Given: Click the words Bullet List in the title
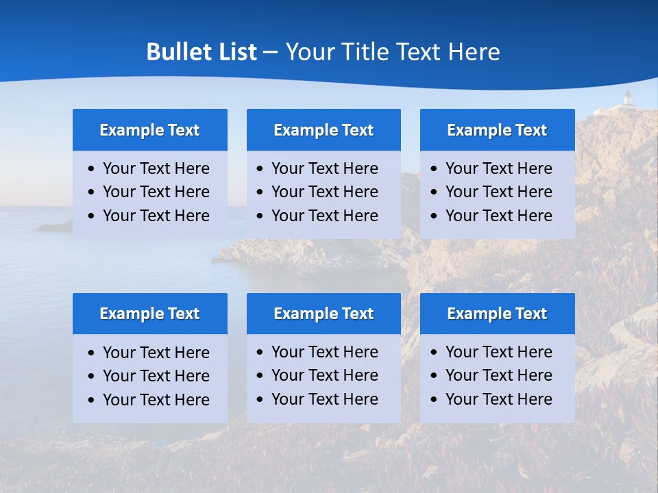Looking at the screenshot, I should (202, 52).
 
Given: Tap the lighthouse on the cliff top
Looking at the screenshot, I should (626, 100).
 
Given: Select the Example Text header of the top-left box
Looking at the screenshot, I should (149, 130).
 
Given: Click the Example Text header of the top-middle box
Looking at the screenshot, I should (324, 130).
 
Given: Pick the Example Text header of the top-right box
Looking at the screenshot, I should (497, 130).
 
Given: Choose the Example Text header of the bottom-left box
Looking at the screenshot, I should (149, 314).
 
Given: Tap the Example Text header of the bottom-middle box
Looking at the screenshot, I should (324, 314).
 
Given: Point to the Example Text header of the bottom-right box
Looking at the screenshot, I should (497, 314).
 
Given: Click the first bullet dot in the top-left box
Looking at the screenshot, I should (92, 169).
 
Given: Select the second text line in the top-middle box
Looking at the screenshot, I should (324, 192).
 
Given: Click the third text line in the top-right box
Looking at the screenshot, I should (498, 216).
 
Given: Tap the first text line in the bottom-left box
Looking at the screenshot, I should (156, 353).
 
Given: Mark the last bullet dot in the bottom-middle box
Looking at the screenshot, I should (260, 399).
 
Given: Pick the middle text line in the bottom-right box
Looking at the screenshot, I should (498, 375).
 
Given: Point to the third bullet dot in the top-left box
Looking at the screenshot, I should (92, 216).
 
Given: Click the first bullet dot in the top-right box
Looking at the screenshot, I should (434, 169).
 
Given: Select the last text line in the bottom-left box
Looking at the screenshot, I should (156, 400).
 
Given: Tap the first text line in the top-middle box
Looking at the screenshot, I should (324, 168).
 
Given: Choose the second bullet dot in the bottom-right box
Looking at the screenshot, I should (434, 376).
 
